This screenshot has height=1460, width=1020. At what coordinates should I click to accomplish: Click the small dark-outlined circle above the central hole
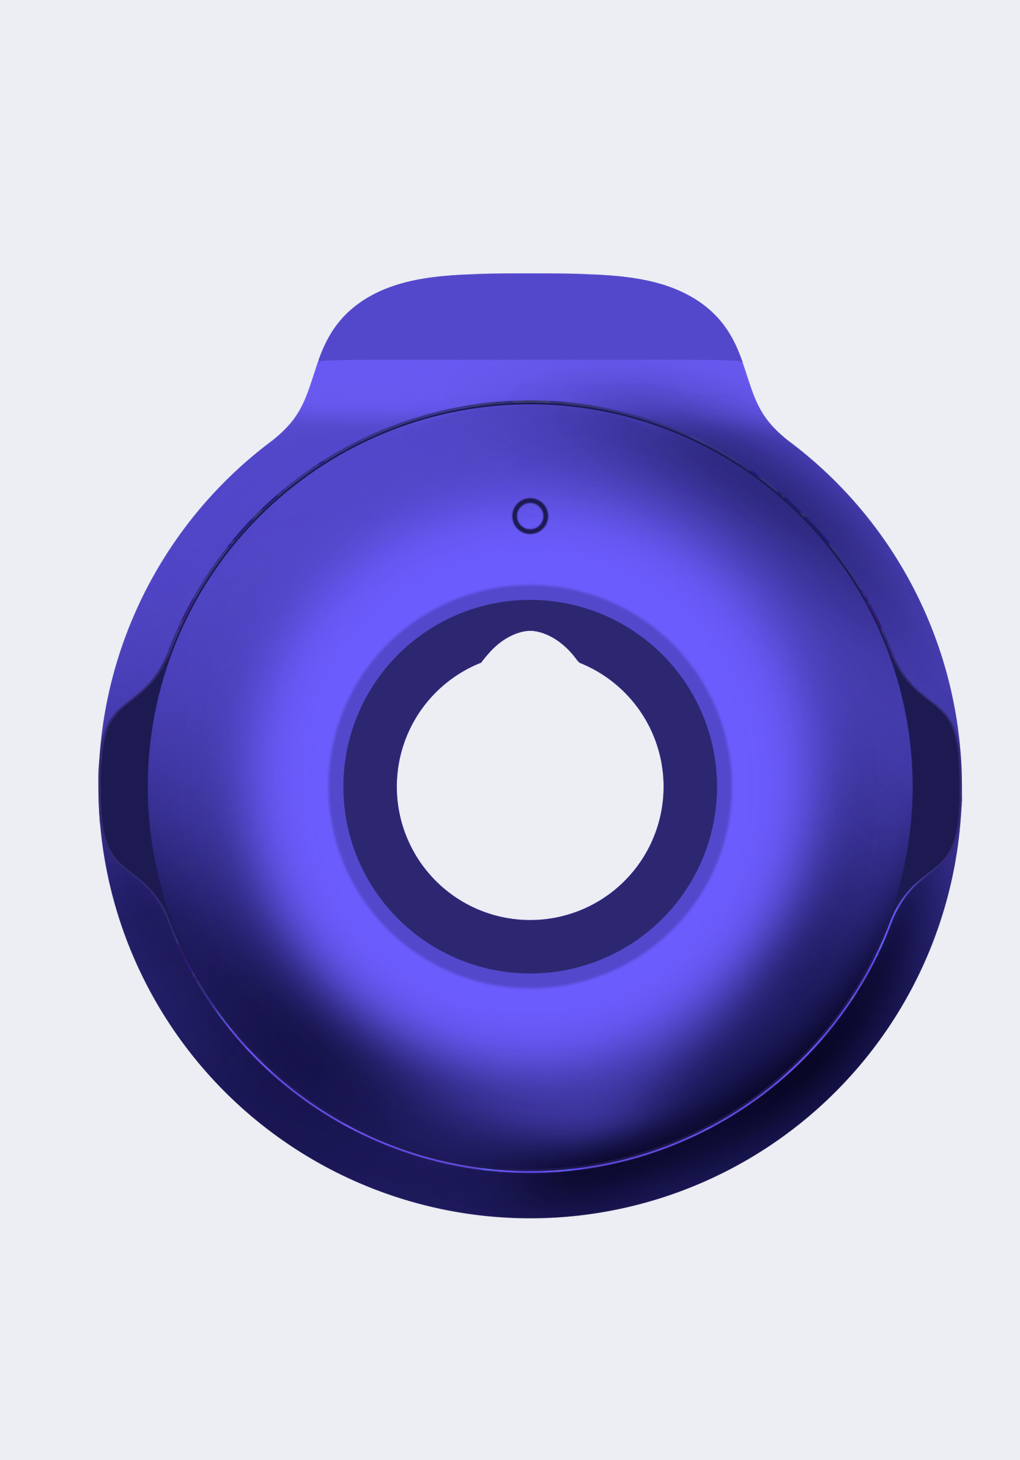(530, 515)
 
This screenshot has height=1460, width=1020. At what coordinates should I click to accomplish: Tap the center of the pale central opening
(530, 789)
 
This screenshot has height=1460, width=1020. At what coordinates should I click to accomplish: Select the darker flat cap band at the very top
(530, 318)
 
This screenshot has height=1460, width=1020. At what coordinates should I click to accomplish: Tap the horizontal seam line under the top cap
(530, 361)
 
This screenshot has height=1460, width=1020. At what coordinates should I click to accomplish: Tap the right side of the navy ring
(690, 789)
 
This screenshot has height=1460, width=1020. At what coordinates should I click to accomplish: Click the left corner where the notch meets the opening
(481, 663)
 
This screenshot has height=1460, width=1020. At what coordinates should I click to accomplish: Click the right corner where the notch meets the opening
(578, 663)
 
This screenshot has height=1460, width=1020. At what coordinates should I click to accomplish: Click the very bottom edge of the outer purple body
(530, 1217)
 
